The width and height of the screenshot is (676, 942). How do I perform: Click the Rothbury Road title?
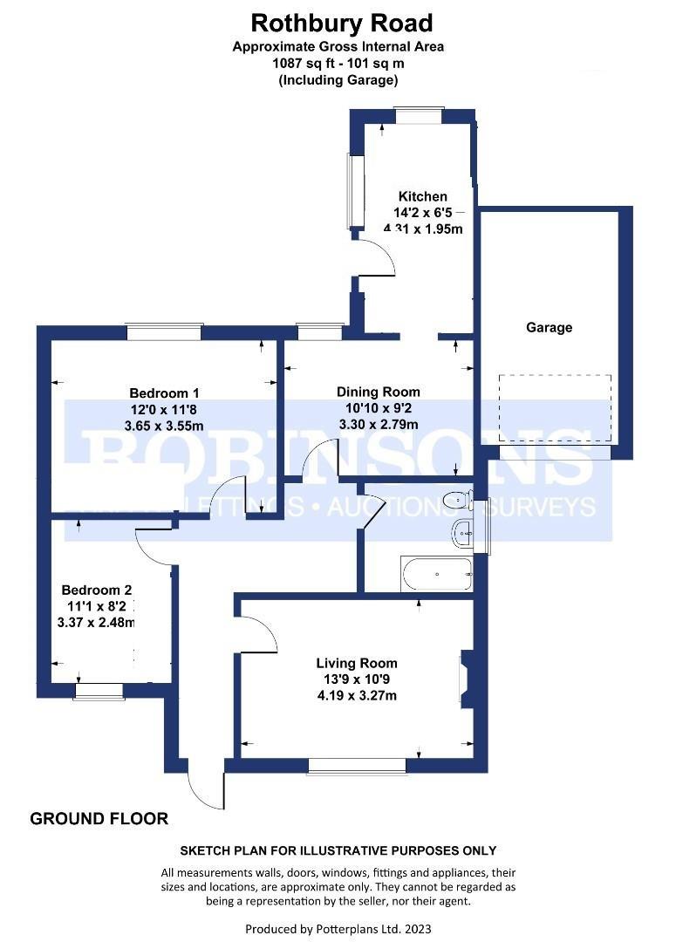(342, 23)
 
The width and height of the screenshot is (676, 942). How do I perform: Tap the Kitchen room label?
(423, 196)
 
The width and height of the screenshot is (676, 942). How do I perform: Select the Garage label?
(549, 328)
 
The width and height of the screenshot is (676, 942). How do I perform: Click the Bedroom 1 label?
(165, 392)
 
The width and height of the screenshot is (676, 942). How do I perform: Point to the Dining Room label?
(379, 392)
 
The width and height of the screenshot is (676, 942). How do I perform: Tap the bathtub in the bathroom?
(436, 574)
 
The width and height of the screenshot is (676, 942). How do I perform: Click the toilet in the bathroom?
(457, 500)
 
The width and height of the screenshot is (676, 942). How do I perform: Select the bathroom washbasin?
(462, 532)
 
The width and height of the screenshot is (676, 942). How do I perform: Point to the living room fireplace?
(465, 679)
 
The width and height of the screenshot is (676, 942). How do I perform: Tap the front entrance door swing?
(206, 789)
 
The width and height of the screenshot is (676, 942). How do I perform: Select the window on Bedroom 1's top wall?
(164, 332)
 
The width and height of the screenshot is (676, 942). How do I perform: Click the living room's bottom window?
(358, 765)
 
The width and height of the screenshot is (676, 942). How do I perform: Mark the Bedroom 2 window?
(99, 691)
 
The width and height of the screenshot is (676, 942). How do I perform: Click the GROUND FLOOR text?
(99, 819)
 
